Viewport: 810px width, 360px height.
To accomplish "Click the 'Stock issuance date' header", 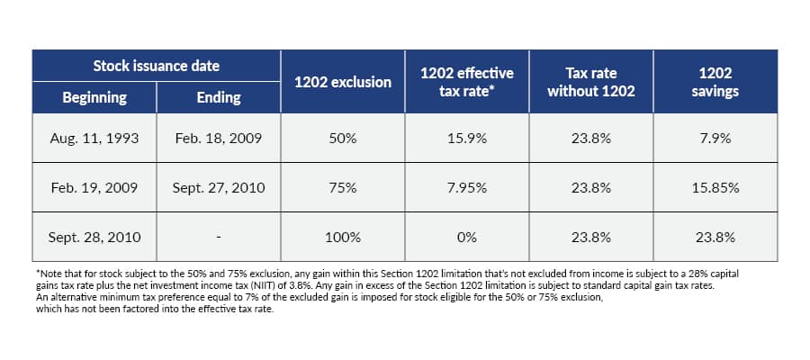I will [157, 66].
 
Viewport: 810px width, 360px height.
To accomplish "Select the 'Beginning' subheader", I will [94, 97].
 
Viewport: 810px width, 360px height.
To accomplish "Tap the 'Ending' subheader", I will [219, 97].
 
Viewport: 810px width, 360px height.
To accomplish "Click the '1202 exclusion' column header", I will [344, 82].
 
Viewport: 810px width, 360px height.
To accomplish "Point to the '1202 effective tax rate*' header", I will [467, 81].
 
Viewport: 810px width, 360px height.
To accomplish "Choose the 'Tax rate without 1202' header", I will [591, 81].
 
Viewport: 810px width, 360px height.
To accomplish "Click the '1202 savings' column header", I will [715, 81].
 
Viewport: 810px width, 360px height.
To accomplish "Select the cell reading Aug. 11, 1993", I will [94, 139].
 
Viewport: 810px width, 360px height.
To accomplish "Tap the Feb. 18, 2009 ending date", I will [219, 139].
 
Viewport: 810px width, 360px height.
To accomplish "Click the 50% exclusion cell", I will [344, 139].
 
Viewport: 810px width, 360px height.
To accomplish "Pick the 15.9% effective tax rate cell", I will [467, 139].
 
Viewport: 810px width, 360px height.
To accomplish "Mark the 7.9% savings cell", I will [715, 139].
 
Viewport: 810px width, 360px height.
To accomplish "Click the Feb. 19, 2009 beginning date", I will [94, 188].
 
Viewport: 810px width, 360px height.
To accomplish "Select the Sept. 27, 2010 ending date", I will [219, 188].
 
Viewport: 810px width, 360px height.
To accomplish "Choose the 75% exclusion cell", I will [344, 188].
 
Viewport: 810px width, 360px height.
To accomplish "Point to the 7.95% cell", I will [467, 188].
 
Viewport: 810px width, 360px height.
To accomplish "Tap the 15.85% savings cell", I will [715, 188].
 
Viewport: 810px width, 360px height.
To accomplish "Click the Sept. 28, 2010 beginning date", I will [94, 238].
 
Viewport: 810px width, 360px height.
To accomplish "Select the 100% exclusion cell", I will [344, 238].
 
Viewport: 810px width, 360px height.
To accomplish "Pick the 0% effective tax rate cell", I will [467, 238].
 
